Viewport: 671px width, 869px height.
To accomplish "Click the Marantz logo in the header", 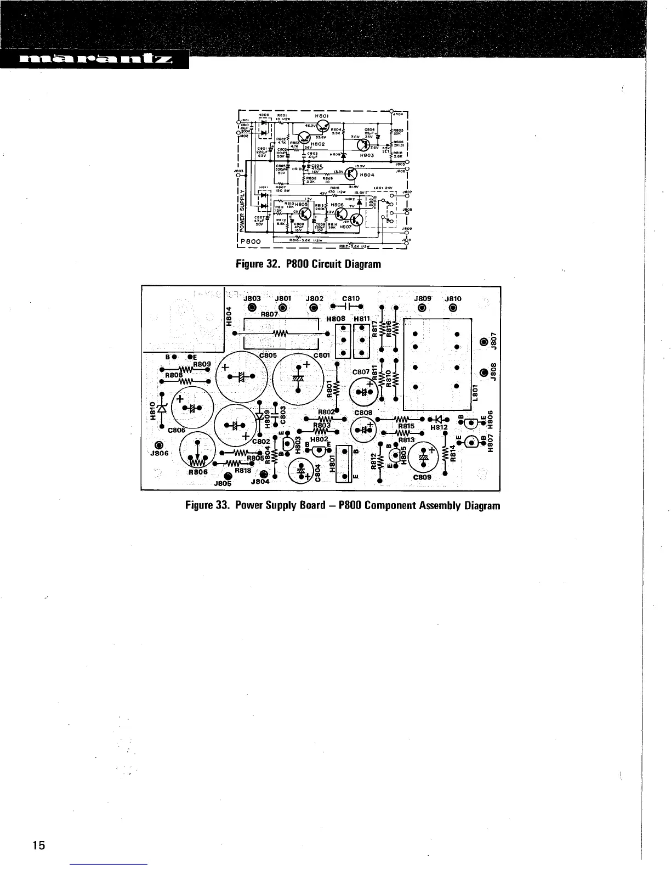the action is [x=94, y=60].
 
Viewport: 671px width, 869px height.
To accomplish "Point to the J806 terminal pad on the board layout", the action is [x=160, y=444].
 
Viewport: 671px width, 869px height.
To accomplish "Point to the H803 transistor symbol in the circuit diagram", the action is [x=363, y=144].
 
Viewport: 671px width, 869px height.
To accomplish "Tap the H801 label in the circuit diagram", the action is [x=321, y=116].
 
